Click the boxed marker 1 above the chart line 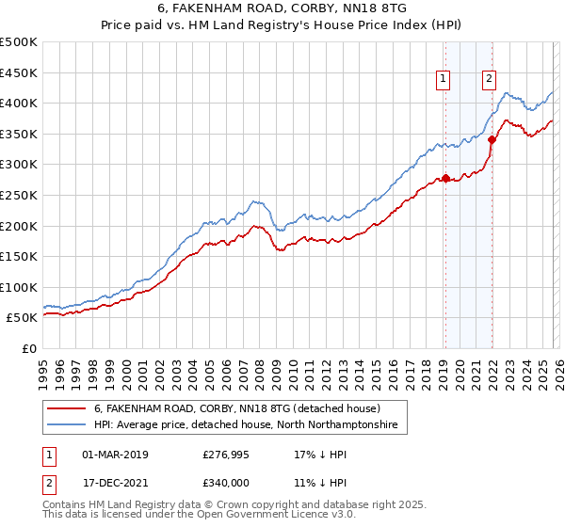click(x=444, y=80)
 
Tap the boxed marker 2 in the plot click(x=490, y=80)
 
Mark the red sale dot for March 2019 click(x=444, y=178)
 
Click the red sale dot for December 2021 click(x=491, y=139)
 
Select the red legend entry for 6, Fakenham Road click(x=235, y=409)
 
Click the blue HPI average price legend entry click(x=247, y=426)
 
